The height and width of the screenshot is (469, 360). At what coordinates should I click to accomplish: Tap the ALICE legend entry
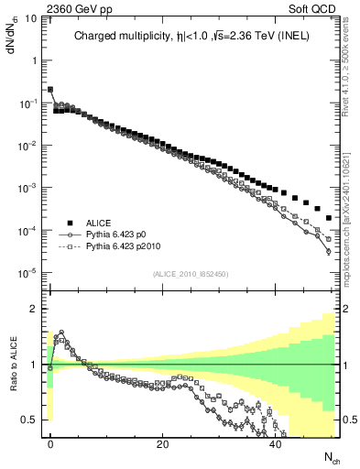tap(99, 222)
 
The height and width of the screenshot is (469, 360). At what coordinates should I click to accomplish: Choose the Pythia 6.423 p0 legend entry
tap(122, 234)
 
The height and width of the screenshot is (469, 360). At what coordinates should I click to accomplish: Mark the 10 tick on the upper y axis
tap(29, 18)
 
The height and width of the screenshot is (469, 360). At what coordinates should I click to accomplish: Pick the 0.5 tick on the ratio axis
tap(29, 420)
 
